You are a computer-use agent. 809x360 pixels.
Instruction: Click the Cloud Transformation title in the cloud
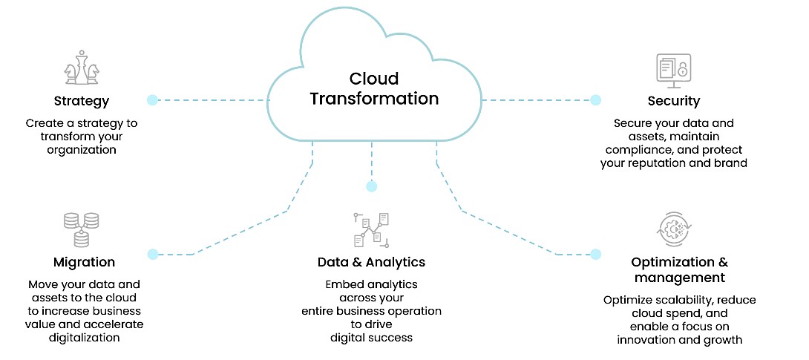pos(373,88)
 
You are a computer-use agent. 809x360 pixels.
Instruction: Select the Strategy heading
pos(82,101)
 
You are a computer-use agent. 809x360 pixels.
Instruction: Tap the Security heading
pos(673,101)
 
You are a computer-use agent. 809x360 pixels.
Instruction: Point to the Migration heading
pos(84,262)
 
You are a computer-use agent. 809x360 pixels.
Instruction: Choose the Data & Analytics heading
pos(371,262)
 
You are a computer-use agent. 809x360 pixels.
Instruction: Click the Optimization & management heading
pos(678,270)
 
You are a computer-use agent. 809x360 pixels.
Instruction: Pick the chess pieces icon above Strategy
pos(81,69)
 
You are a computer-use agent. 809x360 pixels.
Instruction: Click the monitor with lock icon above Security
pos(674,69)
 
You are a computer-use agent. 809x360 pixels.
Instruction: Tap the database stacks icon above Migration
pos(82,229)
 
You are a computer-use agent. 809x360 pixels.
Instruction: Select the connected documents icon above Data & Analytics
pos(371,229)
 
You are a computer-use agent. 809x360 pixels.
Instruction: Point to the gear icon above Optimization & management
pos(673,229)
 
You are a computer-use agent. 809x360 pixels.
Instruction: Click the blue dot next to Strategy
pos(152,99)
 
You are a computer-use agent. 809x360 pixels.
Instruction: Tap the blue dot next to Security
pos(595,99)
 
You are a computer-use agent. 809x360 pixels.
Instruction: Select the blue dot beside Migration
pos(153,254)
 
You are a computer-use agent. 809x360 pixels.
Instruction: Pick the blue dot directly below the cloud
pos(372,186)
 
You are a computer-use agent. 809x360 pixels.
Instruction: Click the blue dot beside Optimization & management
pos(595,254)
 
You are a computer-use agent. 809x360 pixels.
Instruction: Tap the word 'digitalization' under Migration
pos(85,338)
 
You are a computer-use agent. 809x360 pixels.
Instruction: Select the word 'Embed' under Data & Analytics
pos(342,284)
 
